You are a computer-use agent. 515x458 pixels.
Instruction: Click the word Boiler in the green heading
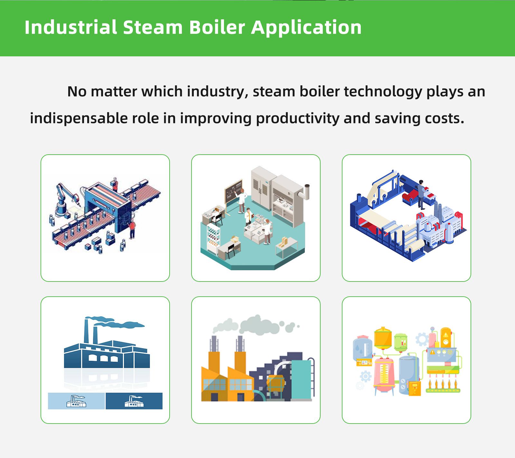coord(217,27)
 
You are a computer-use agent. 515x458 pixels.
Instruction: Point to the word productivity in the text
coord(298,118)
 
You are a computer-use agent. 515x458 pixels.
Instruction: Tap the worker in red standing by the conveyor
coord(132,228)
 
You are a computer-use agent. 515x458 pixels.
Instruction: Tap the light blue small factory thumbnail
coord(76,401)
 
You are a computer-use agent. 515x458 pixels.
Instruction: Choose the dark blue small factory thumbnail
coord(134,401)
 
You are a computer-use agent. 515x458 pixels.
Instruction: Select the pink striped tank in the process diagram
coord(384,375)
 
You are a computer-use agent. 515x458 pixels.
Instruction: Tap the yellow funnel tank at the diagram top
coord(383,338)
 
